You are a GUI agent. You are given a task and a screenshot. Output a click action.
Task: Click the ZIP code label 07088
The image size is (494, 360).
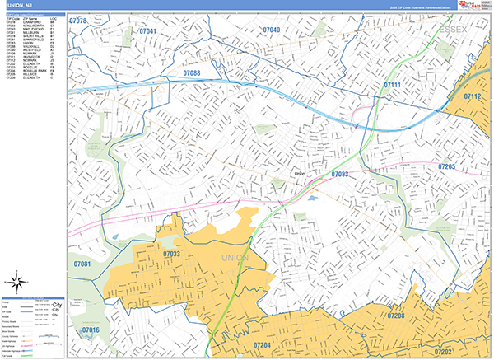[191, 73]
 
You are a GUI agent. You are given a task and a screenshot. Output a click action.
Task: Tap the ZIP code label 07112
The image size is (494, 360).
[472, 96]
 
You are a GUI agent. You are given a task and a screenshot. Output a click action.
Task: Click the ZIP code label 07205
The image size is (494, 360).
[447, 166]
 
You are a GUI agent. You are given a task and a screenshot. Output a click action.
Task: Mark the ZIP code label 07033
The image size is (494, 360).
[171, 255]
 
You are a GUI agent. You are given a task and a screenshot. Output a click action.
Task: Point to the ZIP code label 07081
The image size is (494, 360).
[81, 264]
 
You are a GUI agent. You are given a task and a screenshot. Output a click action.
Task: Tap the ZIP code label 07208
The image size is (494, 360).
[396, 316]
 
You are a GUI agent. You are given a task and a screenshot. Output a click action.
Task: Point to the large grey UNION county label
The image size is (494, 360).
[234, 259]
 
